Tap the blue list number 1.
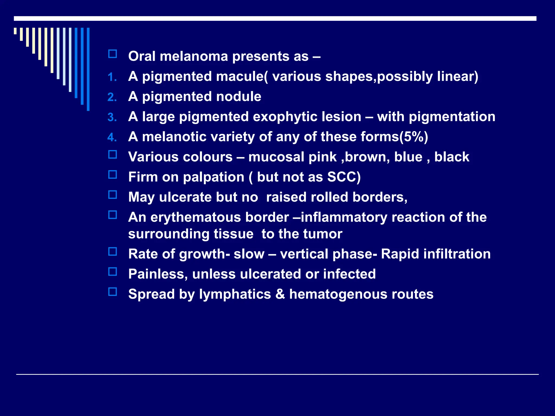click(112, 77)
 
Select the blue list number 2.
click(112, 97)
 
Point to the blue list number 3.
click(112, 118)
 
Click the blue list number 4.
click(112, 138)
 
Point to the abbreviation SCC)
click(344, 177)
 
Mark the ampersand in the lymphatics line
click(280, 294)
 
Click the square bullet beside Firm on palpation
click(112, 175)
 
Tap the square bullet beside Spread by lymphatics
click(112, 292)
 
